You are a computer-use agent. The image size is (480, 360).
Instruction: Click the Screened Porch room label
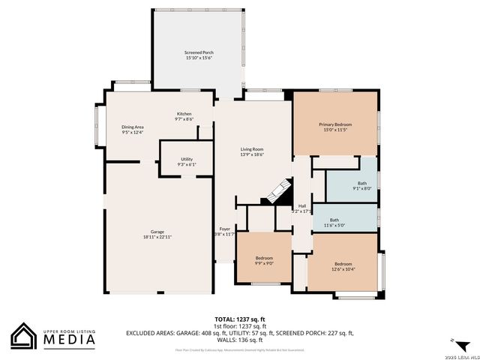pyautogui.click(x=199, y=52)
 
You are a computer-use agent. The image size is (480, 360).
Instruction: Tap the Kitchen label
pyautogui.click(x=184, y=114)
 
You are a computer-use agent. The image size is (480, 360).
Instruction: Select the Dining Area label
pyautogui.click(x=133, y=127)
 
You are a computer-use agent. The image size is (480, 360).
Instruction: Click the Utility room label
pyautogui.click(x=186, y=159)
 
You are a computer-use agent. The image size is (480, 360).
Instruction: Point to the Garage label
pyautogui.click(x=157, y=232)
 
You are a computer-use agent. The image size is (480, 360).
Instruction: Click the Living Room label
pyautogui.click(x=252, y=149)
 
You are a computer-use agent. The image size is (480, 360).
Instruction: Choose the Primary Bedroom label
pyautogui.click(x=335, y=124)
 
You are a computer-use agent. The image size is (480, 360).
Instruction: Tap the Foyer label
pyautogui.click(x=224, y=229)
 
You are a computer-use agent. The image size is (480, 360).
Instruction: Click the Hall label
pyautogui.click(x=301, y=206)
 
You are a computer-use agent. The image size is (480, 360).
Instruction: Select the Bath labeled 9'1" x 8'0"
pyautogui.click(x=362, y=183)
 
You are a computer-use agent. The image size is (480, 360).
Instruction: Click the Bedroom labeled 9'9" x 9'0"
pyautogui.click(x=264, y=258)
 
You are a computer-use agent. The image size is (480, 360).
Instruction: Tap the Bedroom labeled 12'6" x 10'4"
pyautogui.click(x=343, y=264)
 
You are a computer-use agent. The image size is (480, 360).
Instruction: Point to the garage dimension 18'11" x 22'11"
pyautogui.click(x=157, y=237)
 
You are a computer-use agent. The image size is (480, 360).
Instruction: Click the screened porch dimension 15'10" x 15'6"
pyautogui.click(x=199, y=57)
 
